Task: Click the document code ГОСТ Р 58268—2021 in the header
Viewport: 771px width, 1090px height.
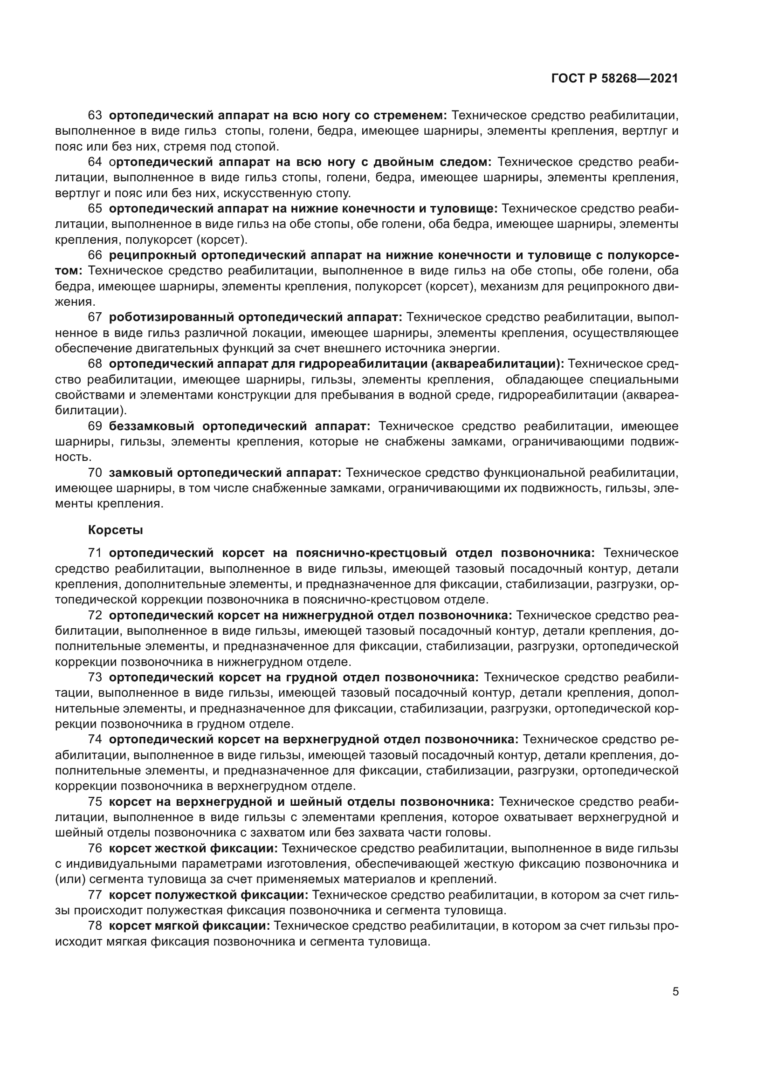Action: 614,79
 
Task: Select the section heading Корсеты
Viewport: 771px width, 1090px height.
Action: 115,530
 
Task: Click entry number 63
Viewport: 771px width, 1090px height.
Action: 95,116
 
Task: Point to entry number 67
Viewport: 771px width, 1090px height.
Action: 95,317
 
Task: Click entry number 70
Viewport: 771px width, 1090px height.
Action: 95,473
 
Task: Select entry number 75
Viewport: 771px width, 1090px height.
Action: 95,802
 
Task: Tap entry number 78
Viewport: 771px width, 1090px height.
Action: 95,926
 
